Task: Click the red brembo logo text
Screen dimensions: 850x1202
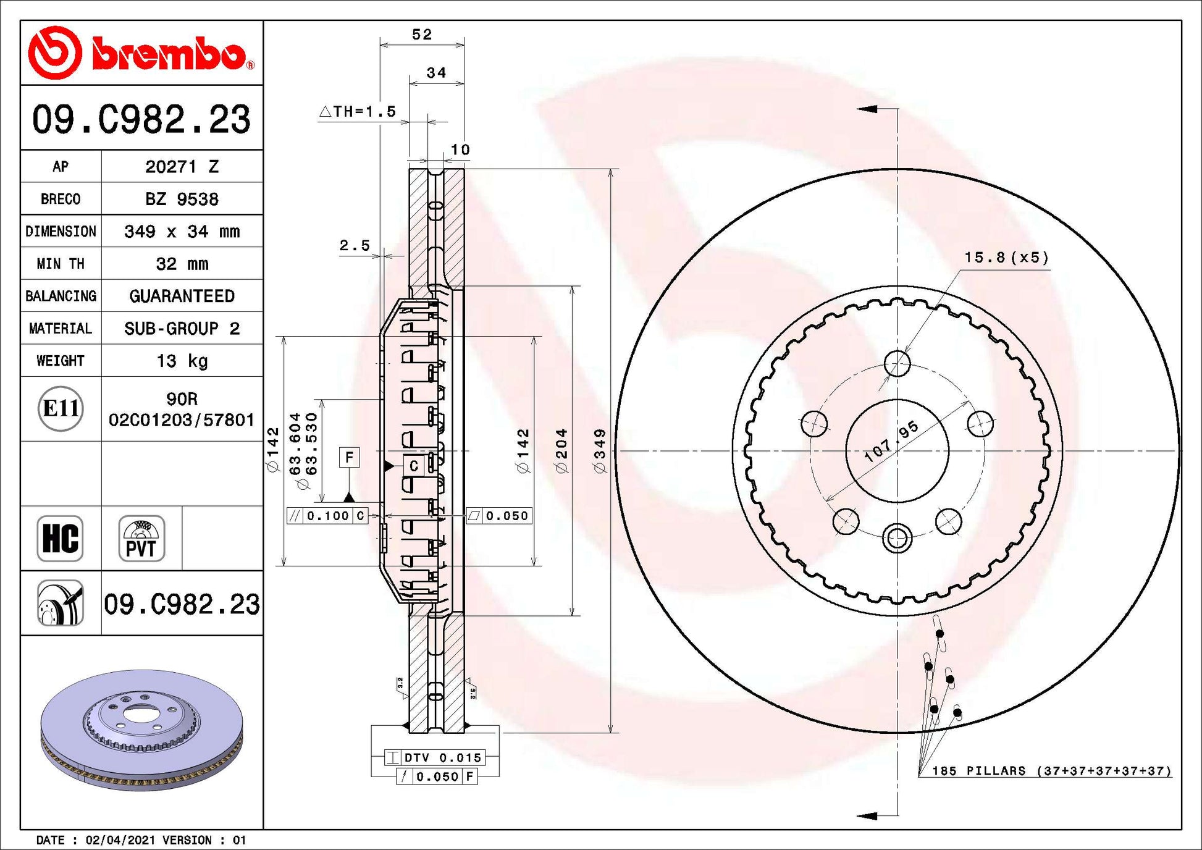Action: [168, 54]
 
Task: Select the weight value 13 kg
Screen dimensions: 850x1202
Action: [182, 361]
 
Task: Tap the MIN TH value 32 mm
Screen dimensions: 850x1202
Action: [182, 264]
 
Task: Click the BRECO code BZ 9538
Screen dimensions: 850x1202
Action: [182, 200]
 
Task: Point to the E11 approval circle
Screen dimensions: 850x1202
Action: [61, 409]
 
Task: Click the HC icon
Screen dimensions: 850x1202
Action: [60, 539]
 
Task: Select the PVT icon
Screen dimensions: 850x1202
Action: [141, 539]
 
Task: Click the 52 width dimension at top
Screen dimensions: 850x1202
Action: [422, 35]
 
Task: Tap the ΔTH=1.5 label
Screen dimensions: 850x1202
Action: [358, 111]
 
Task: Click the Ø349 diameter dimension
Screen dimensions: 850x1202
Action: [600, 451]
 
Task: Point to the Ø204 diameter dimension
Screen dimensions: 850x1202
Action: [561, 451]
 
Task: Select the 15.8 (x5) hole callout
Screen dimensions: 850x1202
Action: [1006, 258]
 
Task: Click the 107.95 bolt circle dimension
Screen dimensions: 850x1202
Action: [891, 442]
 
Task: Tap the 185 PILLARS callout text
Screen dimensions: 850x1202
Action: [1051, 771]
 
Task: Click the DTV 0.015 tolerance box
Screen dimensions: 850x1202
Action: [435, 757]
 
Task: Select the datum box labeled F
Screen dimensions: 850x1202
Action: [350, 457]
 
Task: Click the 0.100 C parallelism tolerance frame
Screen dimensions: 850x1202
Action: [327, 516]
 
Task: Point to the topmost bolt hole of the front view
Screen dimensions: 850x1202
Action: [897, 364]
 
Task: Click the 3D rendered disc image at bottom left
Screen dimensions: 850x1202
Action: [141, 730]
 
